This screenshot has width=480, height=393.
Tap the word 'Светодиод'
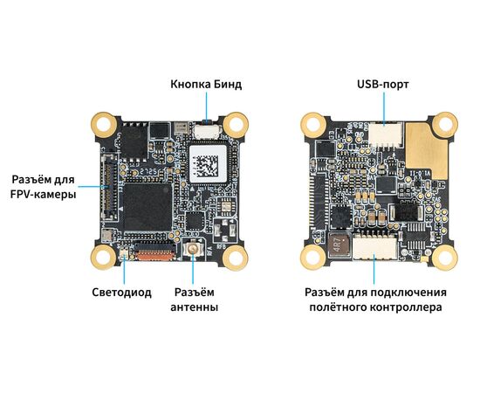[x=121, y=292]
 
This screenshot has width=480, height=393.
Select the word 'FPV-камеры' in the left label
[x=43, y=195]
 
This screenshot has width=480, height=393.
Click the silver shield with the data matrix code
[x=205, y=165]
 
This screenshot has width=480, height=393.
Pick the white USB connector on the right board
[x=382, y=134]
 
